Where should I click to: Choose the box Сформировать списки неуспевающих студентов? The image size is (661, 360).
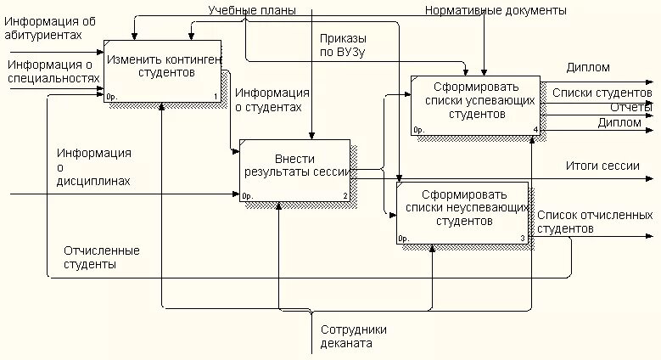pyautogui.click(x=462, y=213)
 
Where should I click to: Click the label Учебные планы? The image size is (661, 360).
pyautogui.click(x=253, y=10)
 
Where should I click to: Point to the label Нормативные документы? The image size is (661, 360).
pyautogui.click(x=495, y=10)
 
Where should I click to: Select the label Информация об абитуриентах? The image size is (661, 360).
pyautogui.click(x=48, y=27)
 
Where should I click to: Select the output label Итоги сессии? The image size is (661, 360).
pyautogui.click(x=603, y=166)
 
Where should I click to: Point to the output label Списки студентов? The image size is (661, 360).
pyautogui.click(x=602, y=92)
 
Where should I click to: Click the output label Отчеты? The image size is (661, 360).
pyautogui.click(x=630, y=107)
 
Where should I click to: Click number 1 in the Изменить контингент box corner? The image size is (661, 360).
pyautogui.click(x=215, y=96)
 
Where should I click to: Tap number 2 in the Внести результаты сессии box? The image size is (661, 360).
pyautogui.click(x=345, y=196)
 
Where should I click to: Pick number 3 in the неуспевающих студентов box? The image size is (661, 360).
pyautogui.click(x=522, y=239)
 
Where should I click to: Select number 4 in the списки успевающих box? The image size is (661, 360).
pyautogui.click(x=535, y=130)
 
